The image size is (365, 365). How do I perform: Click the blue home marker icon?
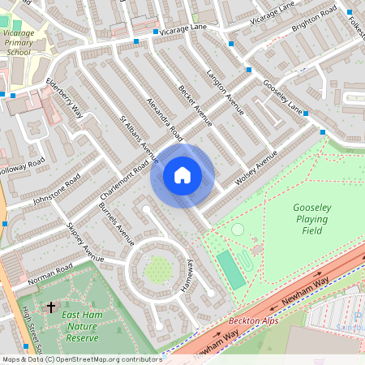click(x=182, y=175)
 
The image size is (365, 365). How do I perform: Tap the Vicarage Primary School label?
click(x=18, y=41)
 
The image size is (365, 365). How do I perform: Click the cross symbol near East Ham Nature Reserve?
click(x=51, y=307)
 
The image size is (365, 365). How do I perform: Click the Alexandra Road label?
click(x=162, y=114)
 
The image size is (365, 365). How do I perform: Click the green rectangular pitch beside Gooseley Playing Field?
click(x=231, y=270)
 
